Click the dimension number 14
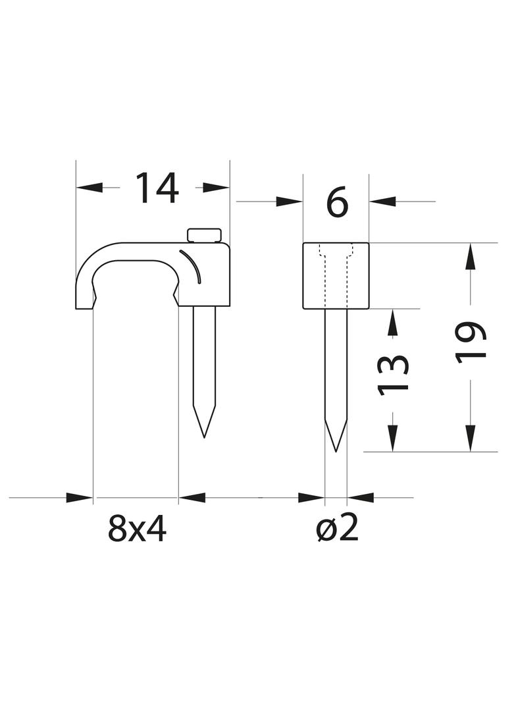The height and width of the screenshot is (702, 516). point(157,188)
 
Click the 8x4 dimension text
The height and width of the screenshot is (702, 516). point(137,528)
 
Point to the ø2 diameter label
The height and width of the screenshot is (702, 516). point(338,528)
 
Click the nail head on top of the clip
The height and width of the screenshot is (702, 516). point(205,236)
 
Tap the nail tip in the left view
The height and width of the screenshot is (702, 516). point(204,437)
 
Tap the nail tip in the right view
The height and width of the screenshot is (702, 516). point(336,450)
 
